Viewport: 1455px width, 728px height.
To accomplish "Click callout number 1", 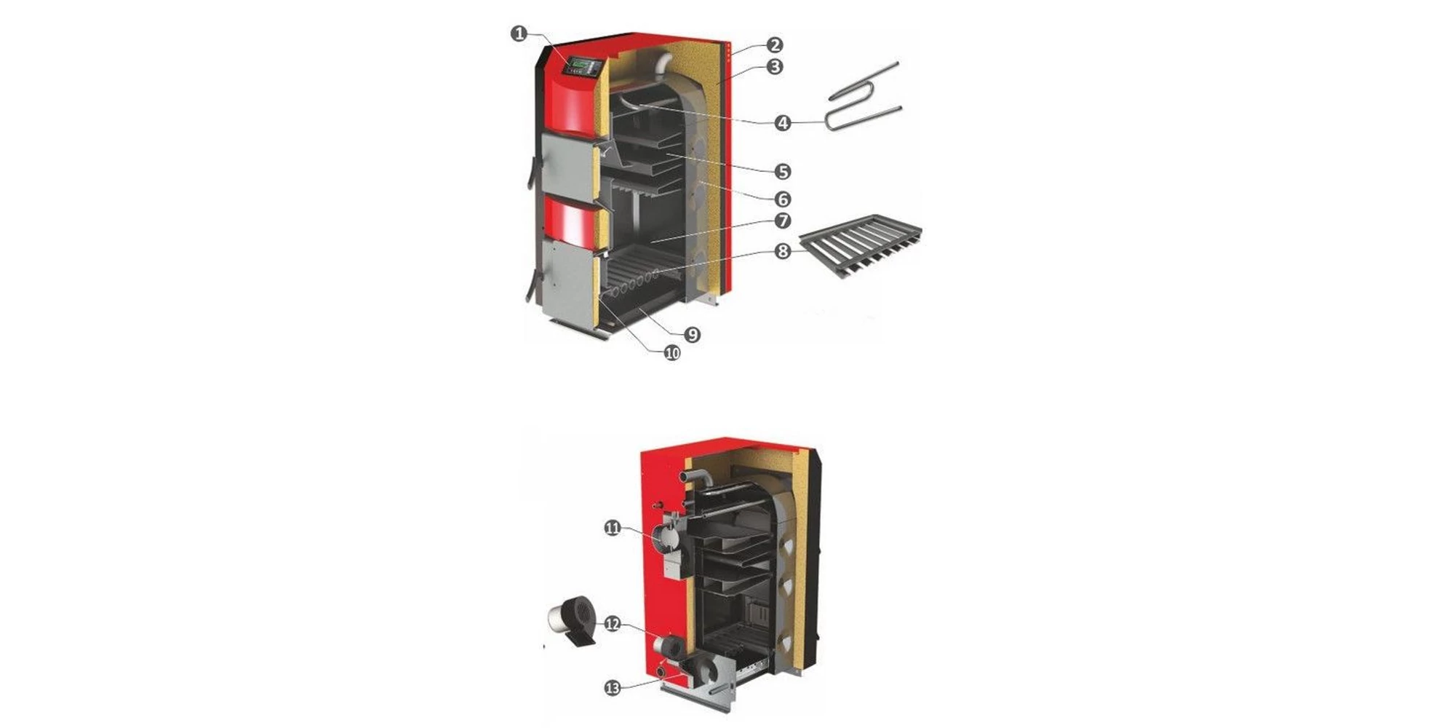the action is coord(518,33).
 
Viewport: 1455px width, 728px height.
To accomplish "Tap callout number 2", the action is coord(775,45).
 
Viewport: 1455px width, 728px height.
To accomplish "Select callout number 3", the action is coord(775,67).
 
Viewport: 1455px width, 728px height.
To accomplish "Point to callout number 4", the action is coord(783,123).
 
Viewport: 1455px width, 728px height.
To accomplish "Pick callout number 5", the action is coord(783,172).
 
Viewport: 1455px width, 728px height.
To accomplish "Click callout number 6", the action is coord(783,199).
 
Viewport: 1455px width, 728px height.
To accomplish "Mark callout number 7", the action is coord(783,221).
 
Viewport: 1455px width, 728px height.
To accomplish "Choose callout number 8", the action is coord(783,251).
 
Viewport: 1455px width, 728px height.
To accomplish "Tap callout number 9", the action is coord(692,335).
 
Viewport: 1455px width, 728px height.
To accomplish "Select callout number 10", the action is coord(671,353).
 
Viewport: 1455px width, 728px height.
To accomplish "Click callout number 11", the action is coord(613,528).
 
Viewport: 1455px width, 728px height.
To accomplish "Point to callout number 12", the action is coord(613,624).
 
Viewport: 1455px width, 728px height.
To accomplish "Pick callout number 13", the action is coord(613,688).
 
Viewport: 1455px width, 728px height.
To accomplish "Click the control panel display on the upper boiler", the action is coord(583,66).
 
